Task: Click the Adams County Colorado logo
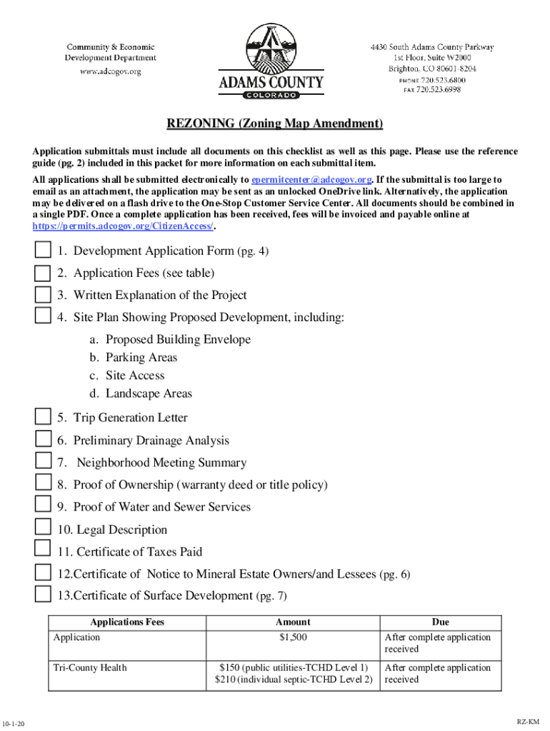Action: [x=271, y=61]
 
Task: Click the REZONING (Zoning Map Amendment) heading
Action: [x=275, y=124]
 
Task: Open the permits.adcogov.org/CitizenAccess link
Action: [x=123, y=226]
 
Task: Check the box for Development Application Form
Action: [x=43, y=251]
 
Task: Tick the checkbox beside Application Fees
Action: [x=43, y=273]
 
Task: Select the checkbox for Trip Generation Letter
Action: [x=43, y=417]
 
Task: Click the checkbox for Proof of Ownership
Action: [x=43, y=484]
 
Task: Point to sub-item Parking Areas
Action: [x=141, y=358]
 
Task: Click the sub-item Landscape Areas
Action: [x=149, y=393]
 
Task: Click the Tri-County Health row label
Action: [x=90, y=667]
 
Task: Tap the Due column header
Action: [x=440, y=622]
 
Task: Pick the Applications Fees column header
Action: [x=127, y=622]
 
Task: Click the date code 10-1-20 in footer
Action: [x=14, y=724]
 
